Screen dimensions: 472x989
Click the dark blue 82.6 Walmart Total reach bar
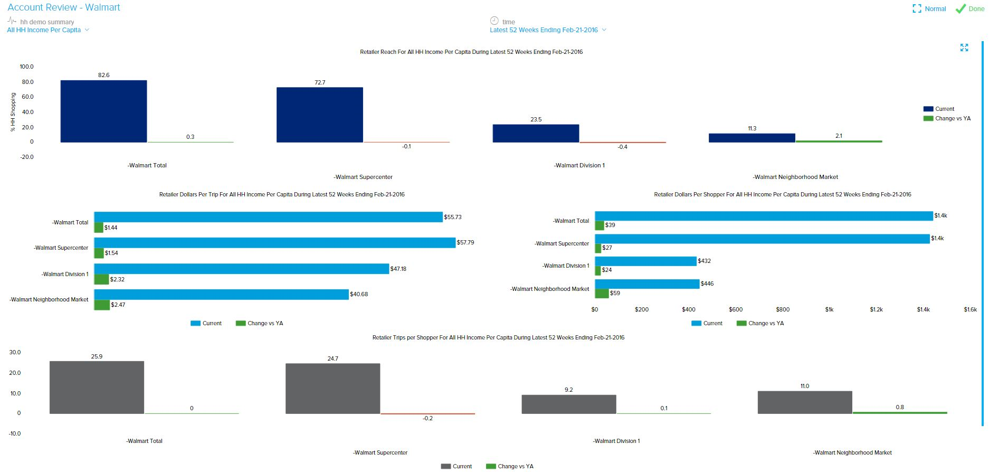coord(103,111)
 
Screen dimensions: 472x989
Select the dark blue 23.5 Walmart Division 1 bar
coord(536,133)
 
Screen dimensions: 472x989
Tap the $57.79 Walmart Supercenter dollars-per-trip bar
coord(274,243)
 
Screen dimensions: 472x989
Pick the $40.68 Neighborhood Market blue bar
coord(222,295)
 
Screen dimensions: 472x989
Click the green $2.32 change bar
coord(101,279)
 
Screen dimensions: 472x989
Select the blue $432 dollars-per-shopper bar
coord(645,261)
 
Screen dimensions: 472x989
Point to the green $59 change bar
coord(602,293)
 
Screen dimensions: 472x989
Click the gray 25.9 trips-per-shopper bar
coord(97,387)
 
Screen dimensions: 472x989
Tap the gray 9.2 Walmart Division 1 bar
coord(568,404)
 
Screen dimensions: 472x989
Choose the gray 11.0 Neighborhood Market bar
coord(804,402)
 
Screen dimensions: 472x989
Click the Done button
coord(970,9)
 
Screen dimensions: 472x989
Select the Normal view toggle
coord(929,9)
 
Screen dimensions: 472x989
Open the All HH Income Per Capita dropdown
coord(47,30)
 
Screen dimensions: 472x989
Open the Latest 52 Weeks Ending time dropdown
coord(547,30)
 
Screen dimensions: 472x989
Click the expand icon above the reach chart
coord(964,48)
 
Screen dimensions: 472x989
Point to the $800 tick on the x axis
coord(783,309)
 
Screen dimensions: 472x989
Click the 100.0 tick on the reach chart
coord(26,67)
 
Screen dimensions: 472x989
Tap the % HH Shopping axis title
coord(13,112)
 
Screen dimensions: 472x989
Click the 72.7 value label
coord(320,82)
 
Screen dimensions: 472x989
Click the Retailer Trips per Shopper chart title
coord(498,337)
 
